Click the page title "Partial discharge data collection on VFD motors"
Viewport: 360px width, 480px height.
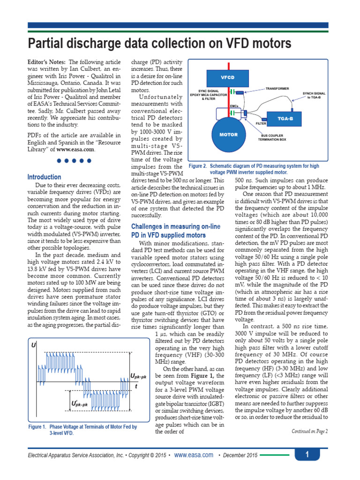(160, 44)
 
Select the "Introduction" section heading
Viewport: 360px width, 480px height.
(44, 177)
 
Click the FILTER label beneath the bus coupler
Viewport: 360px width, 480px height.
(261, 123)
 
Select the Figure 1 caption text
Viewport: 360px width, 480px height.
(82, 430)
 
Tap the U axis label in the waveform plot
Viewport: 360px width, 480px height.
(33, 345)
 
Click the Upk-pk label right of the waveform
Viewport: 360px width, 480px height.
(138, 375)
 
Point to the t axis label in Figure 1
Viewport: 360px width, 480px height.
(136, 386)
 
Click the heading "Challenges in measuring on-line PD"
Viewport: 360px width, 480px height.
(175, 231)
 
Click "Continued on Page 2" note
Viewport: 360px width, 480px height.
(309, 431)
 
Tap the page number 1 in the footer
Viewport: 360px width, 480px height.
(307, 455)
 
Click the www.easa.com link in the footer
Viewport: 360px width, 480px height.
(194, 455)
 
